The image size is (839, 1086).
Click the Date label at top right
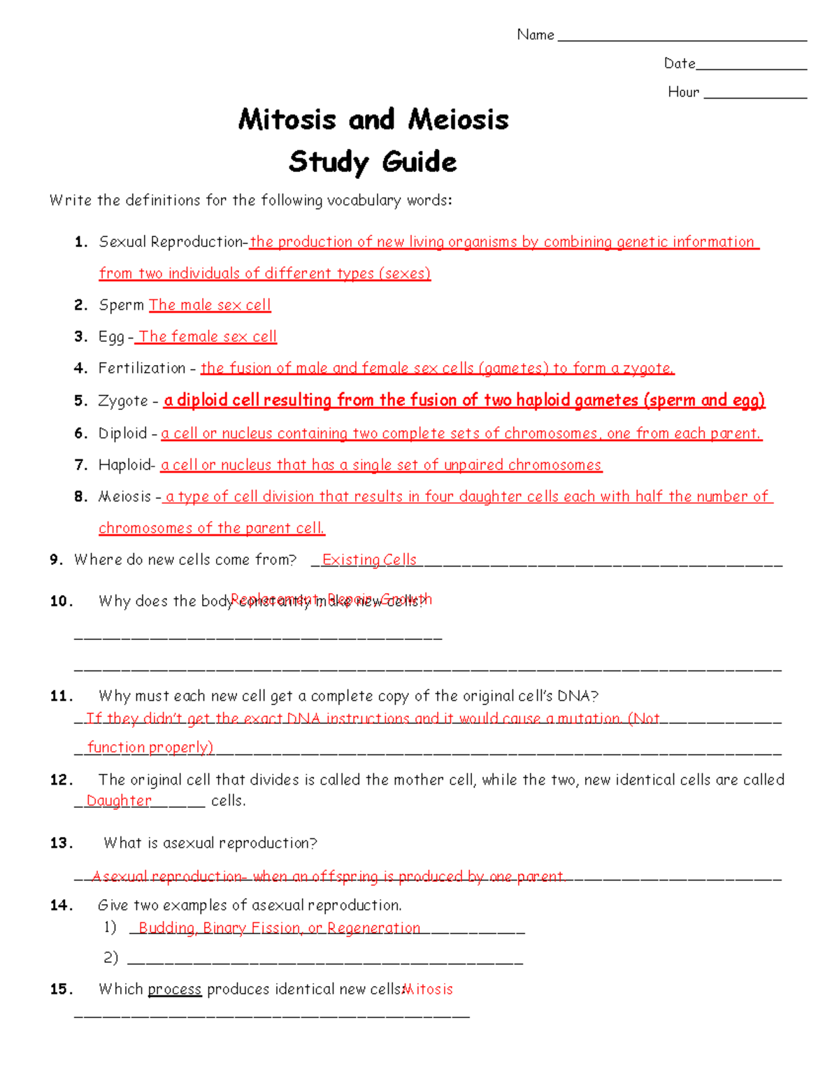tap(679, 64)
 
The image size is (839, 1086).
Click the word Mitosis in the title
tap(287, 120)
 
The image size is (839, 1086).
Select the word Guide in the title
tap(419, 162)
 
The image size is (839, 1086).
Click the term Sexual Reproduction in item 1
tap(171, 242)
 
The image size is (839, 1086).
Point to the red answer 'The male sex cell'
tap(210, 305)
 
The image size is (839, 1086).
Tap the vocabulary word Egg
tap(111, 337)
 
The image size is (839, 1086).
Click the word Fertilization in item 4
tap(142, 368)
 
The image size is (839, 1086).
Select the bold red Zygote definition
tap(464, 400)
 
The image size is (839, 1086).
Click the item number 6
tap(80, 434)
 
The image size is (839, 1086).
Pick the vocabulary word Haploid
tap(125, 465)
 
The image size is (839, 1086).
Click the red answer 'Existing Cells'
tap(369, 559)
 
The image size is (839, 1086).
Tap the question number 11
tap(61, 696)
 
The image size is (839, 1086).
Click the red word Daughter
tap(119, 801)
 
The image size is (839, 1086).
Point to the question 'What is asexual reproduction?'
tap(210, 843)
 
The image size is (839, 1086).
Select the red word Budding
tap(166, 928)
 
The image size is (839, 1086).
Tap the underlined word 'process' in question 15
tap(175, 989)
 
